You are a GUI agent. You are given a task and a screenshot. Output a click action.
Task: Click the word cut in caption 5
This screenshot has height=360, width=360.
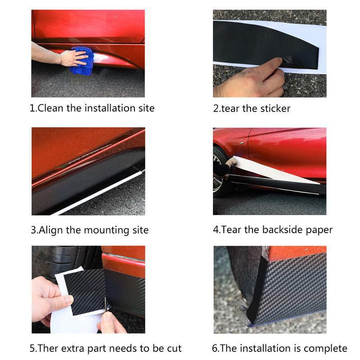point(174,348)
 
